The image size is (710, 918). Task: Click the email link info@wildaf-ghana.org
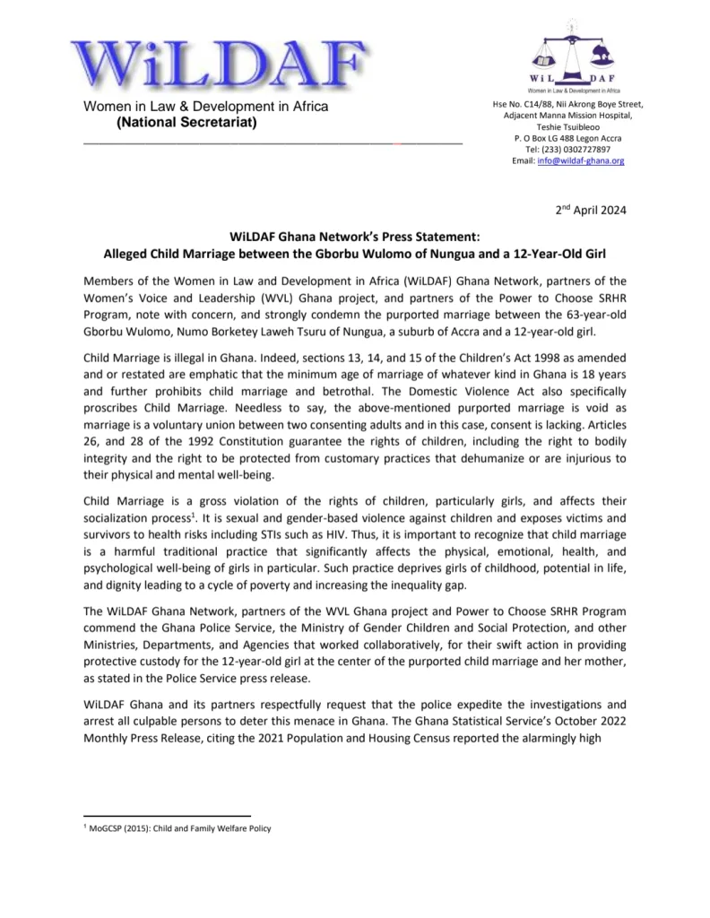pyautogui.click(x=580, y=160)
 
